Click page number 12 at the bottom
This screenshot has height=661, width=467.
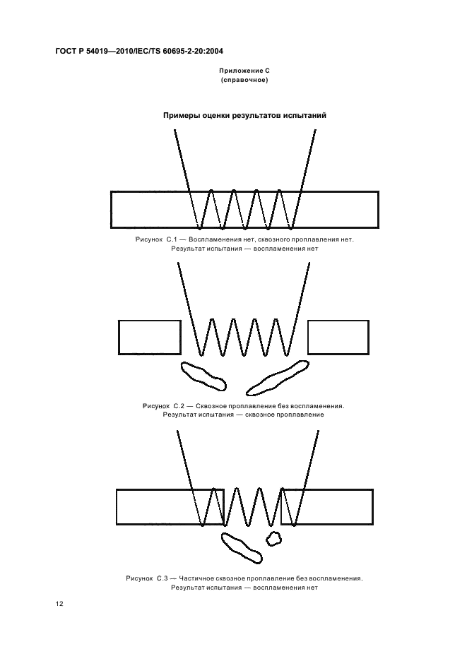tap(59, 604)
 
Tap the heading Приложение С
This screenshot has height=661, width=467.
tap(244, 71)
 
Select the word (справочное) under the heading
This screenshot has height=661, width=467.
tap(244, 80)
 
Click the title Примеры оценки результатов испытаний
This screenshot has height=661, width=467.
tap(244, 116)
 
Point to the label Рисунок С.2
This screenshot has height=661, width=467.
tap(164, 406)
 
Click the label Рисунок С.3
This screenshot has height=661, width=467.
tap(147, 578)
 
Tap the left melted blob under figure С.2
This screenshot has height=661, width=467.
tap(203, 376)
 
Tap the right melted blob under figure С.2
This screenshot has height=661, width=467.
tap(277, 378)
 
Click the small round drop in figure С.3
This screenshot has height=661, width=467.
tap(273, 538)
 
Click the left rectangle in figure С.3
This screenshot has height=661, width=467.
tap(117, 507)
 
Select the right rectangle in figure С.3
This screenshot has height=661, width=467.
tap(373, 507)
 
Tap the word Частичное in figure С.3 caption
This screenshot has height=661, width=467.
tap(199, 578)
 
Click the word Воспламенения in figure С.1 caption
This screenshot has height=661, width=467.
tap(215, 239)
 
